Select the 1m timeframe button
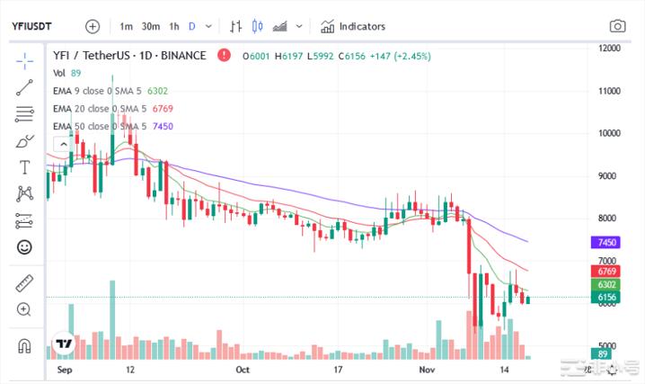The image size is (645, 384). tap(126, 26)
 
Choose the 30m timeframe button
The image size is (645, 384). tap(150, 26)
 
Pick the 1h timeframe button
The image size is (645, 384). tap(174, 26)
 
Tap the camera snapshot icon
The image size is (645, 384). tap(617, 26)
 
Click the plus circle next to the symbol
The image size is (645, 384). tap(93, 26)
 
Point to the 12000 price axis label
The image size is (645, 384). tap(613, 48)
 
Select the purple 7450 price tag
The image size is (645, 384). tap(605, 243)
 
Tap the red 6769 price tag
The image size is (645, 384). tap(605, 271)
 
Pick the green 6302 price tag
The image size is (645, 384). tap(605, 284)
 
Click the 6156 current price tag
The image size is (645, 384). tap(605, 297)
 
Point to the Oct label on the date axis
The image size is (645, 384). tap(242, 370)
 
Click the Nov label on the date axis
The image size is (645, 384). tap(428, 370)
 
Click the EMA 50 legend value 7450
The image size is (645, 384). tap(163, 126)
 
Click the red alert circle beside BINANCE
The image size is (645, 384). tap(223, 56)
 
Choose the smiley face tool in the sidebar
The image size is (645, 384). tap(24, 246)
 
